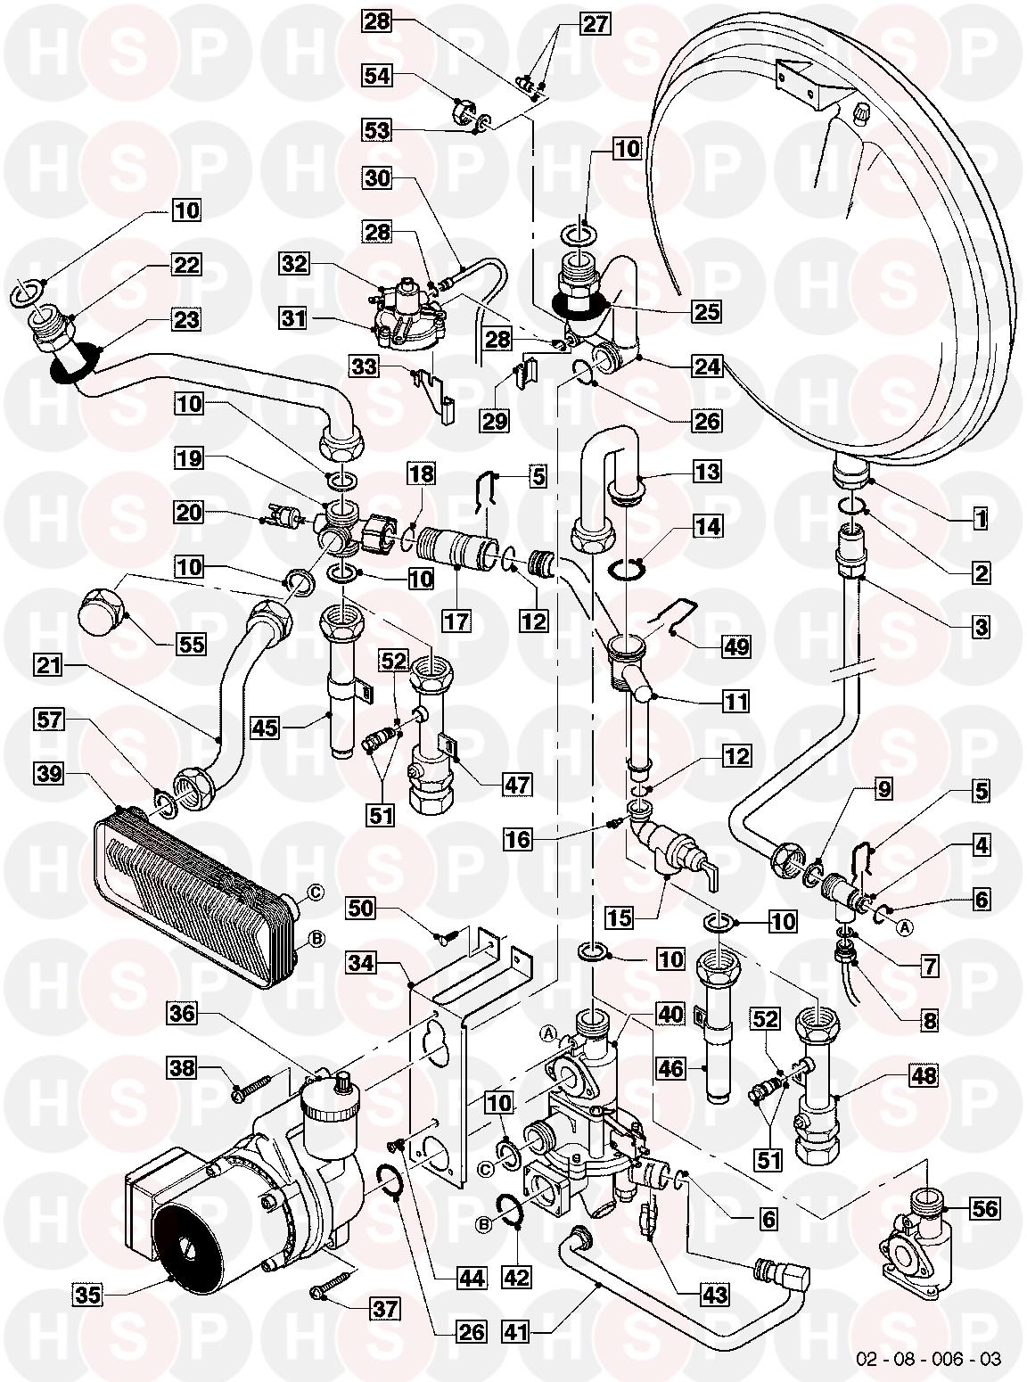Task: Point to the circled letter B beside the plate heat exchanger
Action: point(314,938)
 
